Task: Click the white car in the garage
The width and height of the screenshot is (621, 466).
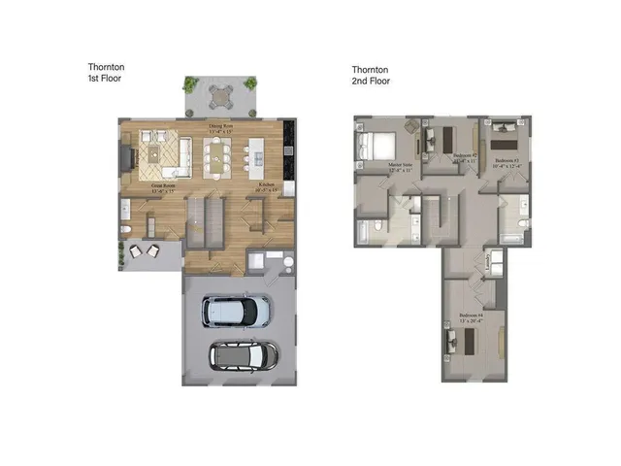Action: coord(235,312)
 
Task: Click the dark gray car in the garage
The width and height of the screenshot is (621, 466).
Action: coord(244,356)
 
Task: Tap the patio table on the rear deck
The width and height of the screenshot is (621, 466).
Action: coord(220,95)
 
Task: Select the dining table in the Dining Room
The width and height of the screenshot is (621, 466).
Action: coord(219,153)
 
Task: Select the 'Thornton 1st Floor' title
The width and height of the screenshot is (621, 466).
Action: coord(106,73)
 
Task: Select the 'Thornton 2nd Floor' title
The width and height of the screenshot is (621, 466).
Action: coord(371,75)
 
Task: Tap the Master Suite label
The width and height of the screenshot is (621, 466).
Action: coord(402,166)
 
